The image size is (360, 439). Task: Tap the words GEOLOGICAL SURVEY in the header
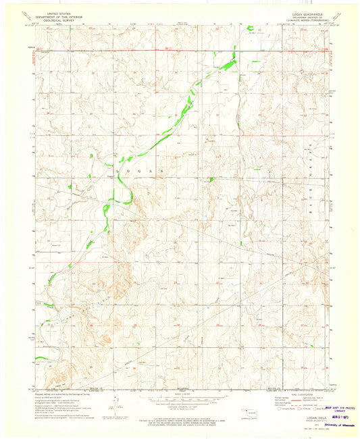click(x=59, y=19)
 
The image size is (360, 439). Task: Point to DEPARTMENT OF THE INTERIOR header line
click(x=59, y=16)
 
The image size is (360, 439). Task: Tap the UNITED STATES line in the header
click(x=59, y=12)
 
